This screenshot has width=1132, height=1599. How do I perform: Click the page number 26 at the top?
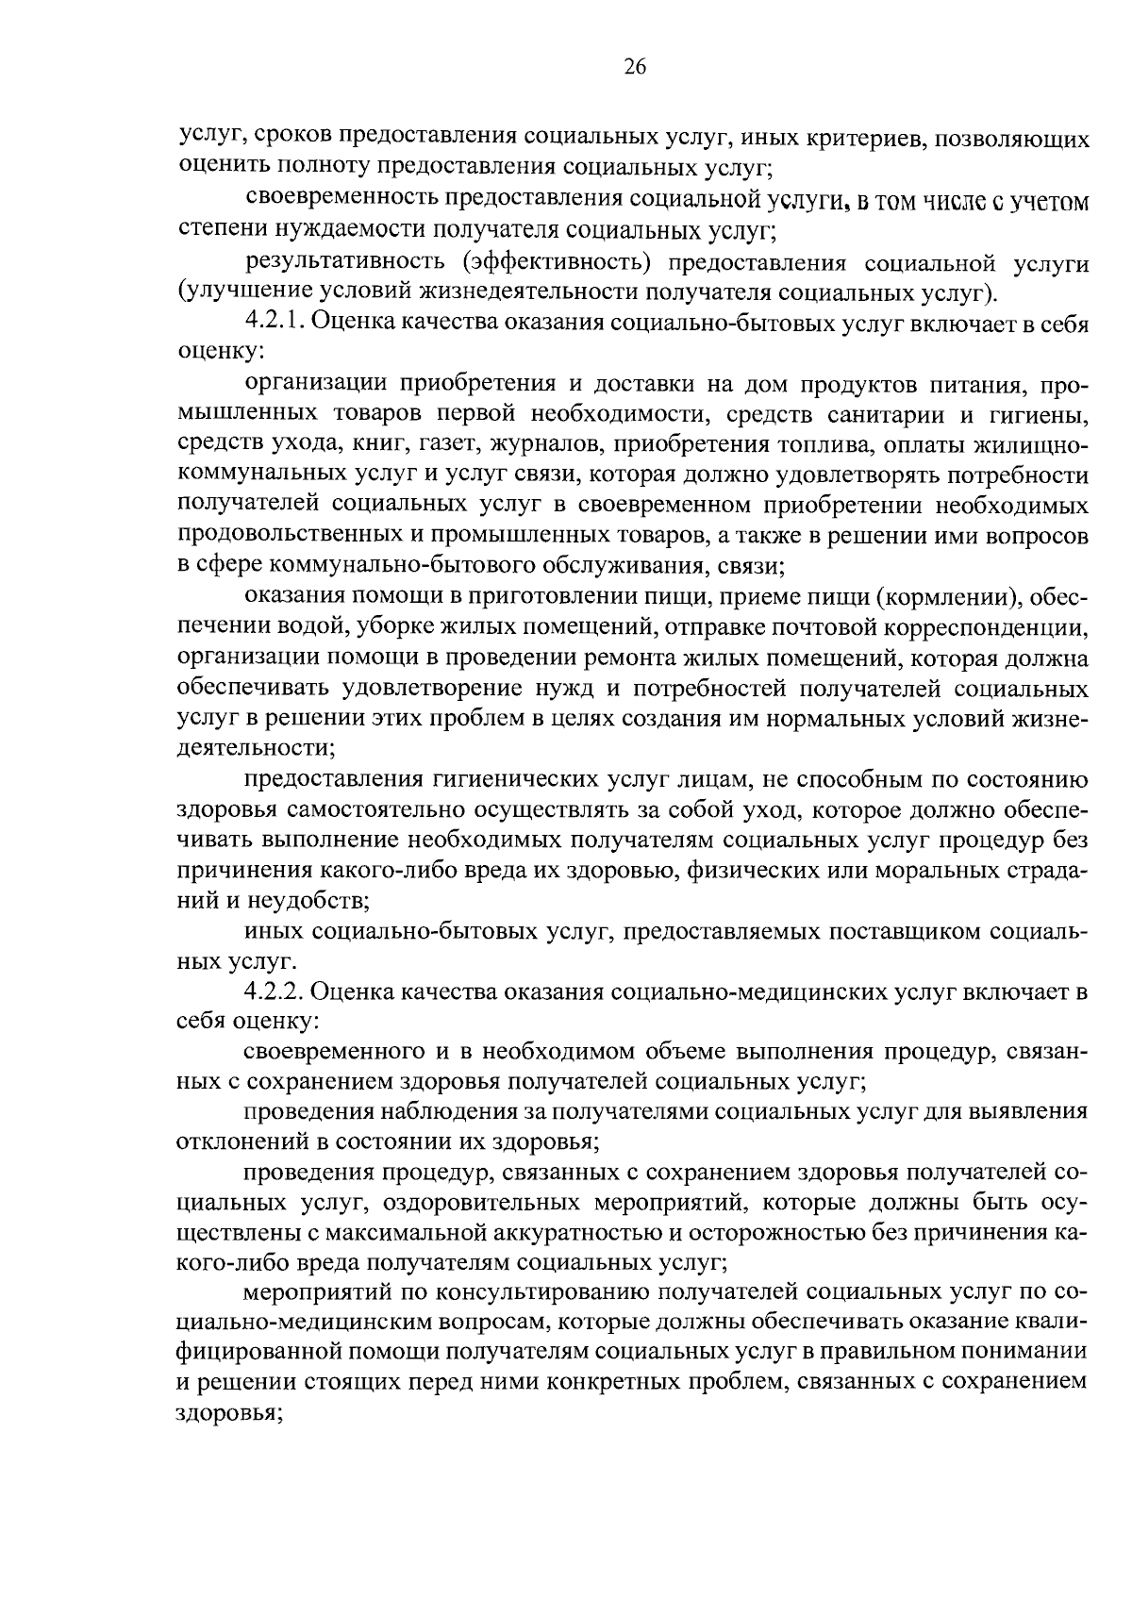tap(634, 66)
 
